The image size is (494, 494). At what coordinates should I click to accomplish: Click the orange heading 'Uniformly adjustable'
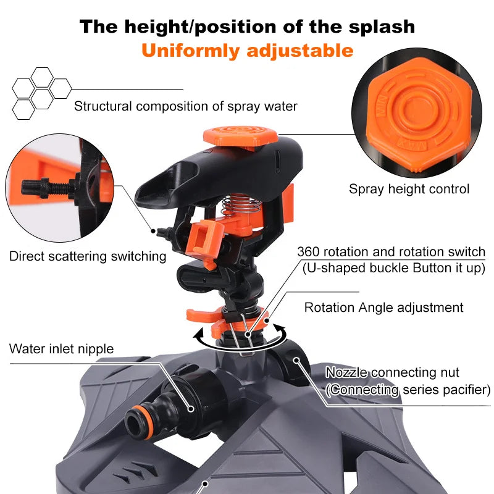[247, 50]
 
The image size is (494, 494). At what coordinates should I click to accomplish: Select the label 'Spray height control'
[409, 189]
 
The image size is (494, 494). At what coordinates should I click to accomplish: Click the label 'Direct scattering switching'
[88, 256]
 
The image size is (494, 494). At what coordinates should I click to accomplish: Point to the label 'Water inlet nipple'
[61, 349]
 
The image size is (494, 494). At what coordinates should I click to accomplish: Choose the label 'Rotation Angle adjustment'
[383, 307]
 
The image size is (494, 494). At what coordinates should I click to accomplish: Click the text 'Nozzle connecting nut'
[393, 373]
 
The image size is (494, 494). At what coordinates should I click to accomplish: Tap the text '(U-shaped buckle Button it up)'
[393, 268]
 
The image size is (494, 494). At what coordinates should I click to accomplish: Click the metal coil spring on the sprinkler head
[236, 201]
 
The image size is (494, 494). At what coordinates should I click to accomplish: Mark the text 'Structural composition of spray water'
[185, 106]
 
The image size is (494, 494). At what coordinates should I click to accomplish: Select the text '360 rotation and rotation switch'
[391, 252]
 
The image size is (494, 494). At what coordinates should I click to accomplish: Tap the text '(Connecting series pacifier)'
[408, 390]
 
